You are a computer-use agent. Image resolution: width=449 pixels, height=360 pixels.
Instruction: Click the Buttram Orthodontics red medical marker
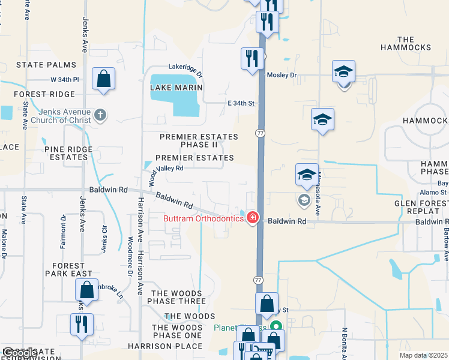pyautogui.click(x=253, y=217)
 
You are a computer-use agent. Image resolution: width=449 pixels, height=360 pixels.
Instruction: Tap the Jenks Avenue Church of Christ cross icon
pyautogui.click(x=101, y=115)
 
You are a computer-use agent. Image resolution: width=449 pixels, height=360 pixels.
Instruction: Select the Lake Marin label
pyautogui.click(x=176, y=88)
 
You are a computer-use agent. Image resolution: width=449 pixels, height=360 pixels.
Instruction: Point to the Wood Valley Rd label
pyautogui.click(x=161, y=169)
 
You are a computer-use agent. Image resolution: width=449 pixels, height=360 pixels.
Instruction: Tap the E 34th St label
pyautogui.click(x=241, y=103)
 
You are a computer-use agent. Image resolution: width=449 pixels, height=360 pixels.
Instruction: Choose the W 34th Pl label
pyautogui.click(x=65, y=79)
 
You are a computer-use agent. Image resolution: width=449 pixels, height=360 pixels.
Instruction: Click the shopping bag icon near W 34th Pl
pyautogui.click(x=104, y=79)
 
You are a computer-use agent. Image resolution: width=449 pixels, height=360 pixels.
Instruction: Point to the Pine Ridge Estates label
pyautogui.click(x=68, y=153)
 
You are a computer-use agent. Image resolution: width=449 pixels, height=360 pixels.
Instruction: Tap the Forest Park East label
pyautogui.click(x=69, y=269)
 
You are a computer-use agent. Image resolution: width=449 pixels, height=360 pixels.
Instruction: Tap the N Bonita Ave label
pyautogui.click(x=345, y=341)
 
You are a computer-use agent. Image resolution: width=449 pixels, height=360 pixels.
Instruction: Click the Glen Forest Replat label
pyautogui.click(x=420, y=208)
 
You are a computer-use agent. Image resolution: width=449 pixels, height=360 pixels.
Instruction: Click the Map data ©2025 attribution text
pyautogui.click(x=423, y=355)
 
